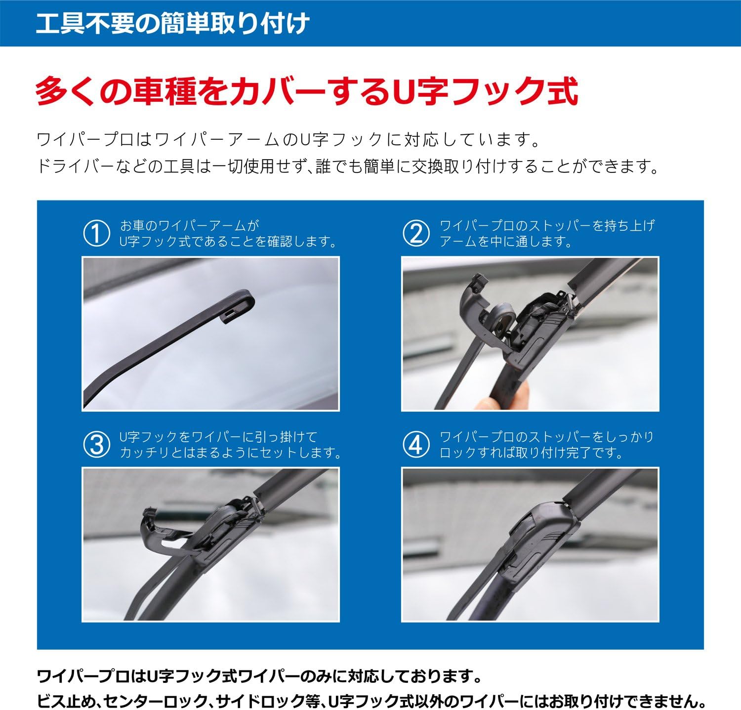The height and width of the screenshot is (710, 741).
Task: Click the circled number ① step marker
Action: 96,234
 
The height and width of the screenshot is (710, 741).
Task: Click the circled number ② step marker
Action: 416,234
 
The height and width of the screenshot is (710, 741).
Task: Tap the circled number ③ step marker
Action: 96,445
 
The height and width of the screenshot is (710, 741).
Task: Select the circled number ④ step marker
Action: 416,445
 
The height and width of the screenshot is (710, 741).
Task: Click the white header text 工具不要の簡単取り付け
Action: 173,24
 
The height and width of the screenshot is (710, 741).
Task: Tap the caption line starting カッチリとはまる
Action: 230,453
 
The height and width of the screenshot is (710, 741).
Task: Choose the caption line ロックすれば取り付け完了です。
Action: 531,453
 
